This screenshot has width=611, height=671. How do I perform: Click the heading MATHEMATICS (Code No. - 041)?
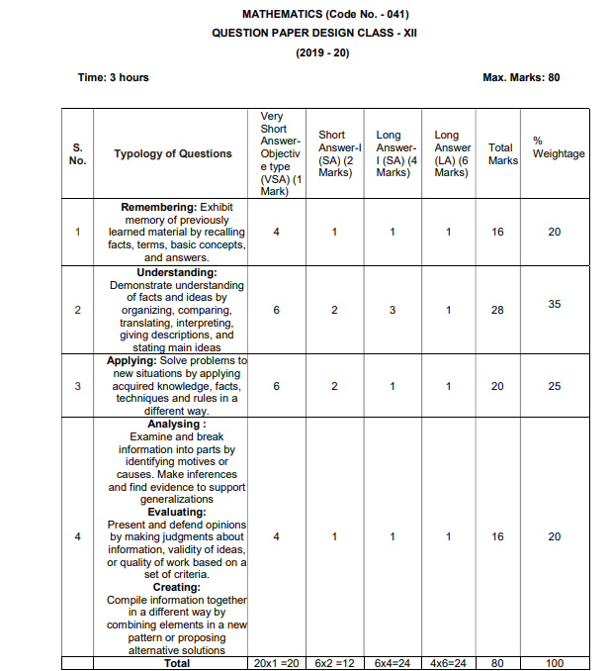tap(324, 14)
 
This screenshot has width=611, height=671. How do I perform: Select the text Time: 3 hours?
tap(114, 77)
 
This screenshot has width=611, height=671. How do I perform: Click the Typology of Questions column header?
tap(173, 153)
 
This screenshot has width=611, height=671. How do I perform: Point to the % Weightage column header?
tap(559, 146)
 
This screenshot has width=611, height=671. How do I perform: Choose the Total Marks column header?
tap(502, 153)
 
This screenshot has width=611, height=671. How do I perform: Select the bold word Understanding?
tap(177, 272)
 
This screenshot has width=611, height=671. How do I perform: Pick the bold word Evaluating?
tap(177, 513)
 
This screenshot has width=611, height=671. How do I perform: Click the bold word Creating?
tap(177, 587)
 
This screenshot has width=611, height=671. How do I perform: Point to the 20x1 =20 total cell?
tap(276, 662)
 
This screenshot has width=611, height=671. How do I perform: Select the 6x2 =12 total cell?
tap(334, 662)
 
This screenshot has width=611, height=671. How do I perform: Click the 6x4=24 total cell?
tap(393, 662)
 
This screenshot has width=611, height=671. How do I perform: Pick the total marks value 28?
tap(497, 310)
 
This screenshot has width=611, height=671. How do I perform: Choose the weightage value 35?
tap(555, 304)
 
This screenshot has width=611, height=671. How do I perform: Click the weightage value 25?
tap(555, 386)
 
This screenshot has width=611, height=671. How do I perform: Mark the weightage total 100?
tap(555, 662)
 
